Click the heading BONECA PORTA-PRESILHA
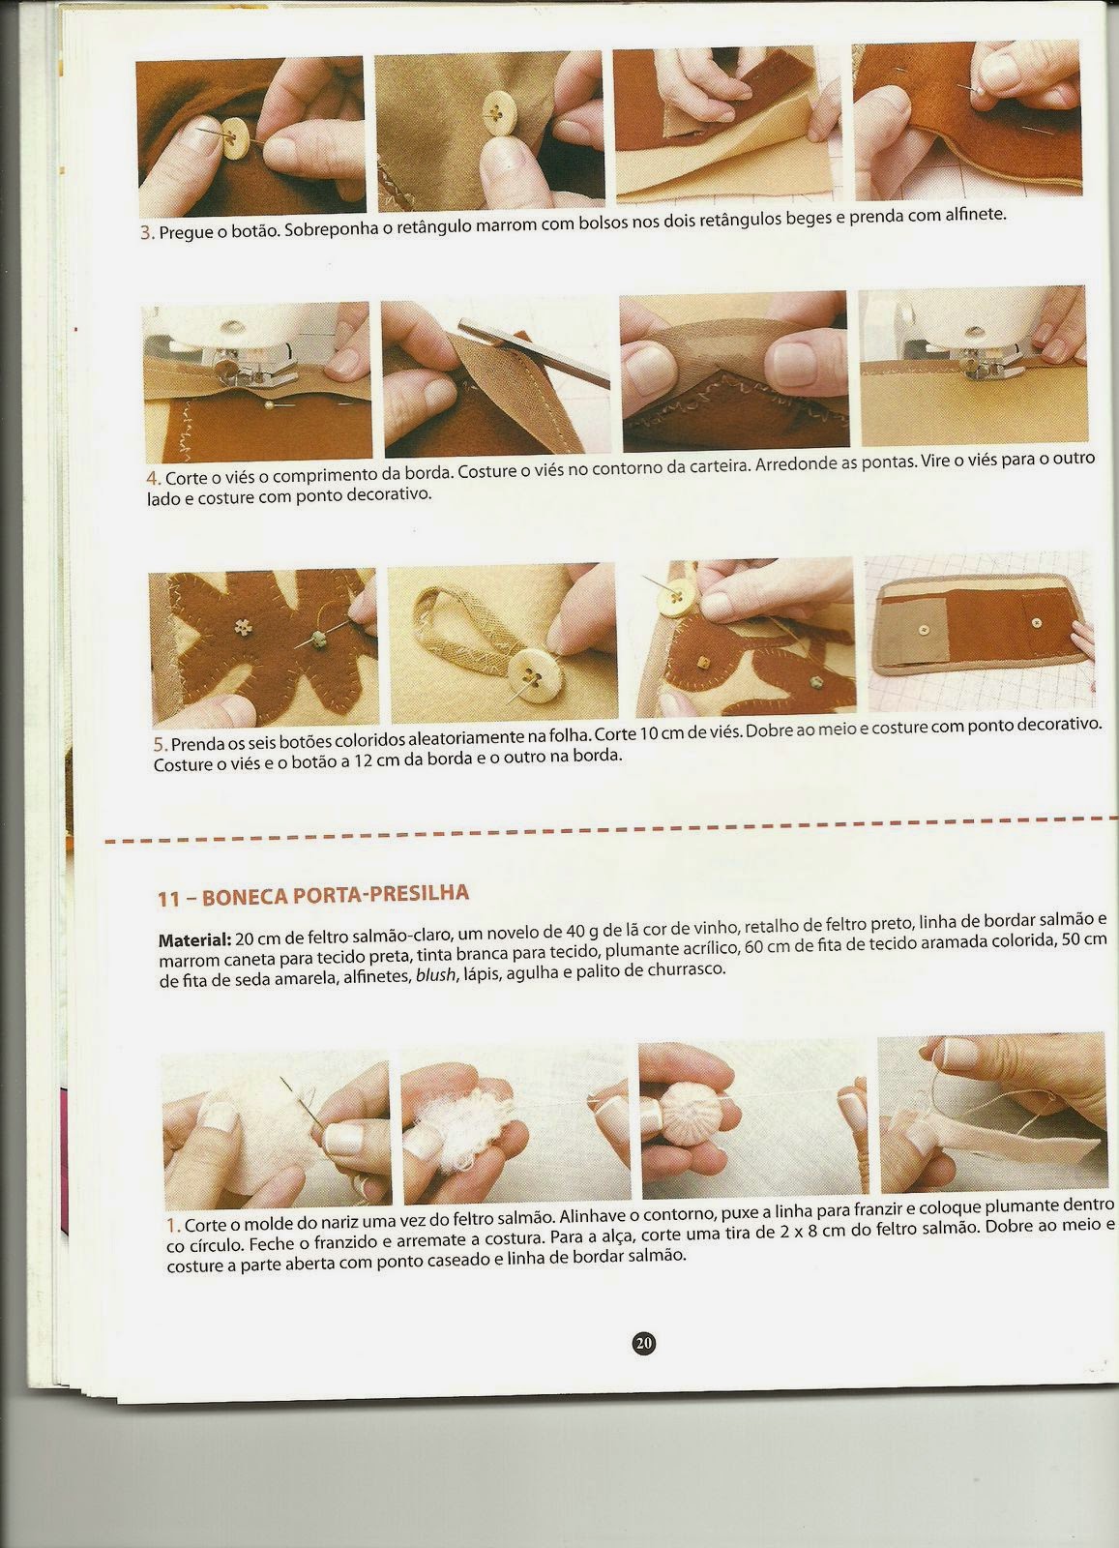coord(336,895)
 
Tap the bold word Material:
coord(194,939)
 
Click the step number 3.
coord(147,233)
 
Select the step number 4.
coord(154,478)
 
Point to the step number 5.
coord(161,745)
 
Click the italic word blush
coord(435,974)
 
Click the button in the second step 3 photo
coord(493,112)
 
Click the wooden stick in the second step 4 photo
coord(533,353)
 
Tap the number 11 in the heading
coord(168,899)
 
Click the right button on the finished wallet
coord(1035,623)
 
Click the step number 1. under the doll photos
coord(173,1226)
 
